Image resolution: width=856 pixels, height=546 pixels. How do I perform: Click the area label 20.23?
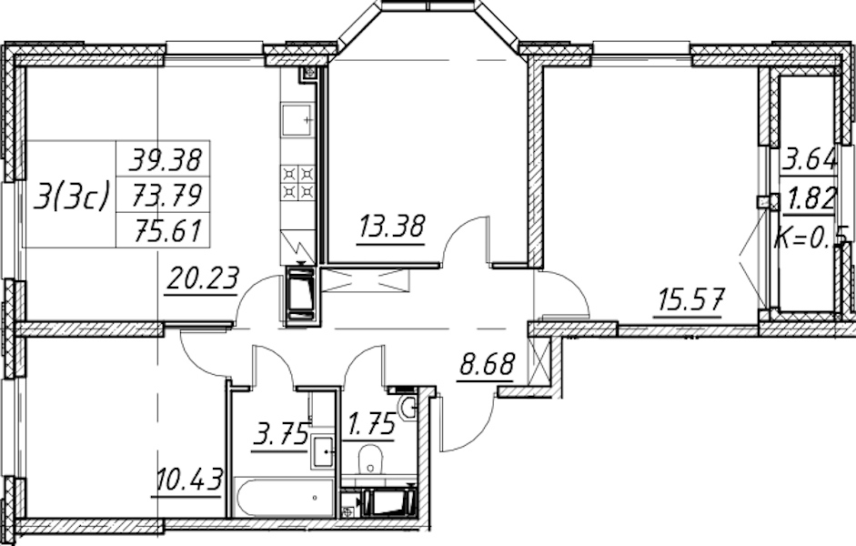pos(202,279)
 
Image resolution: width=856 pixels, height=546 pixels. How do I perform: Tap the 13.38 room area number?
pos(391,226)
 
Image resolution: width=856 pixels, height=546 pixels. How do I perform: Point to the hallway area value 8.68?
pos(487,364)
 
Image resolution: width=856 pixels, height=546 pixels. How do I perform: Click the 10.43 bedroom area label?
pos(188,480)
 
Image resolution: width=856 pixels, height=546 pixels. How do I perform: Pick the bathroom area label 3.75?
pos(279,438)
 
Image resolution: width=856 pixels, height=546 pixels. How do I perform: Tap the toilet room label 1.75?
pos(370,423)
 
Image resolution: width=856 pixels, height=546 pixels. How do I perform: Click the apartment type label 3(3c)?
pos(71,196)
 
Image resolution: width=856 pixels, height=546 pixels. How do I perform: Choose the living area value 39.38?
pos(166,160)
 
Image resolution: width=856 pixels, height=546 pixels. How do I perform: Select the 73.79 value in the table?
pos(166,196)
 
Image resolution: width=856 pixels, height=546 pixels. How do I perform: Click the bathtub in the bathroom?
pos(284,497)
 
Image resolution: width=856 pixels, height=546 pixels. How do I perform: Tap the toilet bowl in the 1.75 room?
pos(370,460)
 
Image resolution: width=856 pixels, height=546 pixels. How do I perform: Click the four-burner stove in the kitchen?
pos(298,183)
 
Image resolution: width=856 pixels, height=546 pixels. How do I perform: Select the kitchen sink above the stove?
pos(298,119)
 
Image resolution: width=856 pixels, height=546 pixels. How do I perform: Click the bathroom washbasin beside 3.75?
pos(323,451)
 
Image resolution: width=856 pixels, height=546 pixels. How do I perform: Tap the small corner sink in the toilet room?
pos(408,407)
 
